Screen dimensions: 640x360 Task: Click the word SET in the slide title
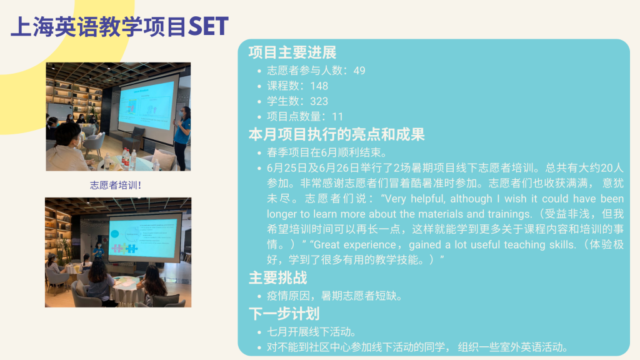point(208,26)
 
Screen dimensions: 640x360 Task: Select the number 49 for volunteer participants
point(359,71)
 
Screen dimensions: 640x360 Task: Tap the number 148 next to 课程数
point(319,86)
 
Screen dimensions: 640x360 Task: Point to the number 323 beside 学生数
point(319,101)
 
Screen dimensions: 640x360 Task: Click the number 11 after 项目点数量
point(337,117)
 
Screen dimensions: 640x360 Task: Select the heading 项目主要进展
point(292,52)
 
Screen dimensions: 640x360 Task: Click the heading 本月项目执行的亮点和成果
point(337,134)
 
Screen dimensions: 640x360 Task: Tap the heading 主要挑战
point(277,278)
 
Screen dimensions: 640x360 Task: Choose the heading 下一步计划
point(284,314)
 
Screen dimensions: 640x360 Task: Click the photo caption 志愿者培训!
point(116,185)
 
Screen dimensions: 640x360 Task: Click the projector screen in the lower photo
point(144,236)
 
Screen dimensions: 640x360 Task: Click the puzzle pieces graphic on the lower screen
point(124,248)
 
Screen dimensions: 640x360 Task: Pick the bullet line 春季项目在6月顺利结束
point(327,152)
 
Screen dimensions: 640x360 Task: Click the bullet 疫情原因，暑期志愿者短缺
point(335,296)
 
